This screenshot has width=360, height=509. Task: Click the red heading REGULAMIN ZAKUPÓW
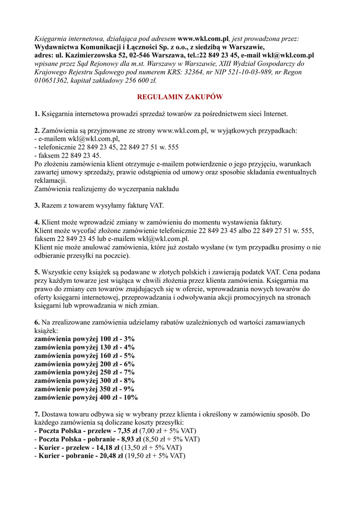tap(180, 97)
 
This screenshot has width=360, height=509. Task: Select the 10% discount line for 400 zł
tap(86, 398)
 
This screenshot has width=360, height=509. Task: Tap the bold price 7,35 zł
tap(130, 430)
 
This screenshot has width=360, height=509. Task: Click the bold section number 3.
tap(37, 205)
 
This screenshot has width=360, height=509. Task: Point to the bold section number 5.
tap(37, 272)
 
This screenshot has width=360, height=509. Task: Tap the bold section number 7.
tap(37, 414)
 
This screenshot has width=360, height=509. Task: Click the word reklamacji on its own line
tap(50, 180)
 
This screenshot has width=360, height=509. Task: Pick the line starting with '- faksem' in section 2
tap(67, 156)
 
